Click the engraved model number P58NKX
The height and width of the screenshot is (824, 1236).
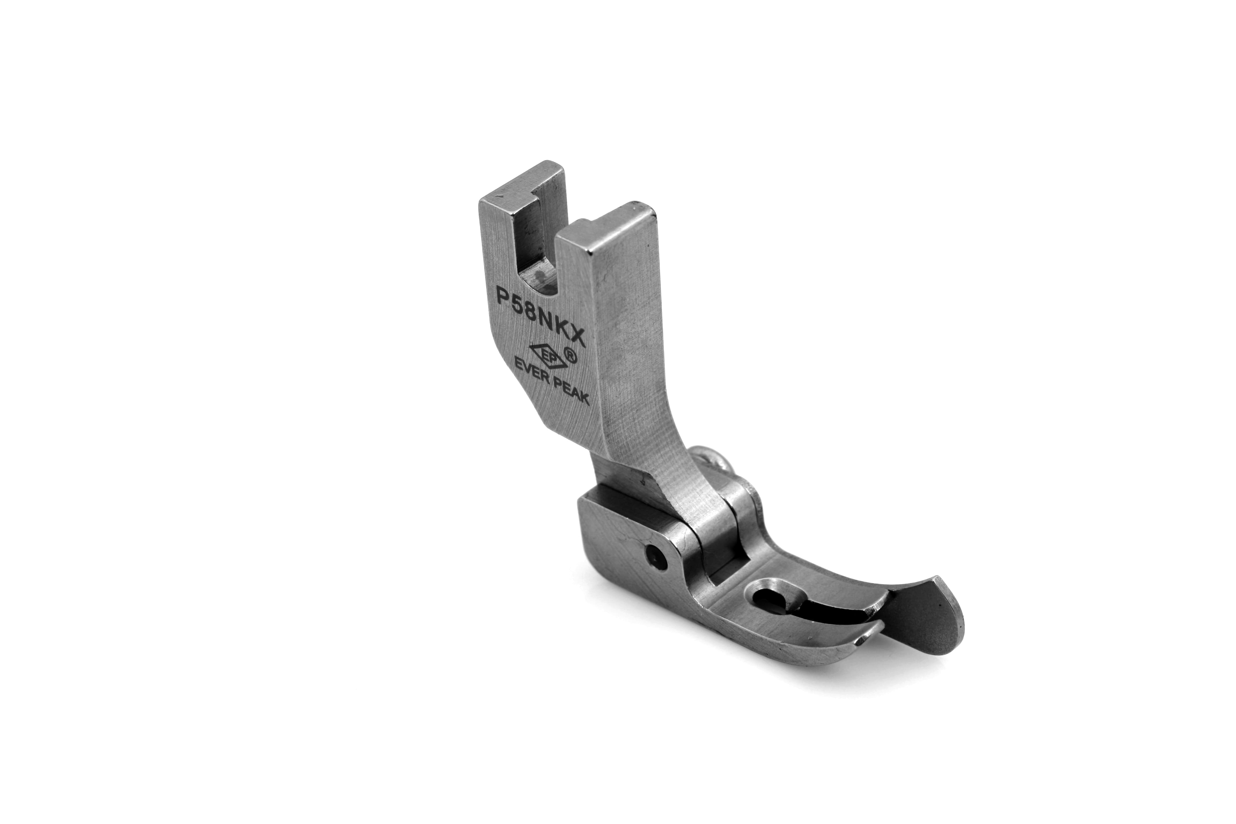pyautogui.click(x=541, y=314)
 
